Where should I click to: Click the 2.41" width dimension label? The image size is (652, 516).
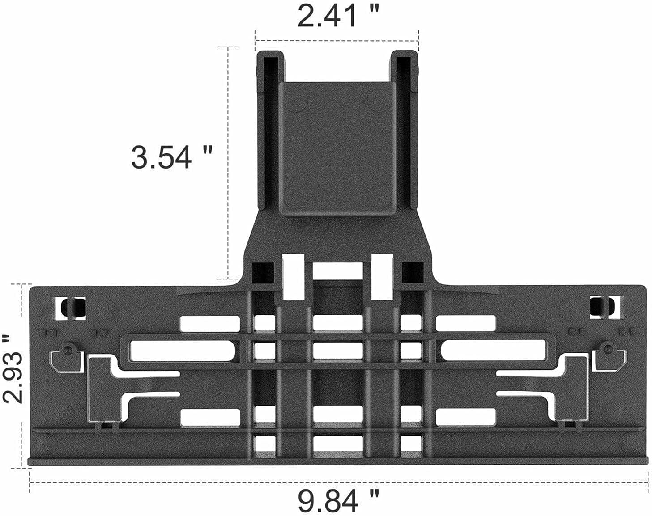(x=338, y=17)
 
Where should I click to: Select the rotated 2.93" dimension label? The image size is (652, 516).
(x=13, y=376)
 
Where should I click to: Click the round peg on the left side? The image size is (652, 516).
(x=68, y=348)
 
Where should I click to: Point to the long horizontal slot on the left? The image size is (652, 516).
(x=181, y=351)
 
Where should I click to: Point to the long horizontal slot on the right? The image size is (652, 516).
(x=492, y=351)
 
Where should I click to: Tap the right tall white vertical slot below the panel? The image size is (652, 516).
(x=382, y=276)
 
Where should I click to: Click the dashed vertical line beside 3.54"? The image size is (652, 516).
(x=229, y=161)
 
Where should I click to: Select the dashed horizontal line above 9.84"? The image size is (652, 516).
(x=338, y=482)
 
